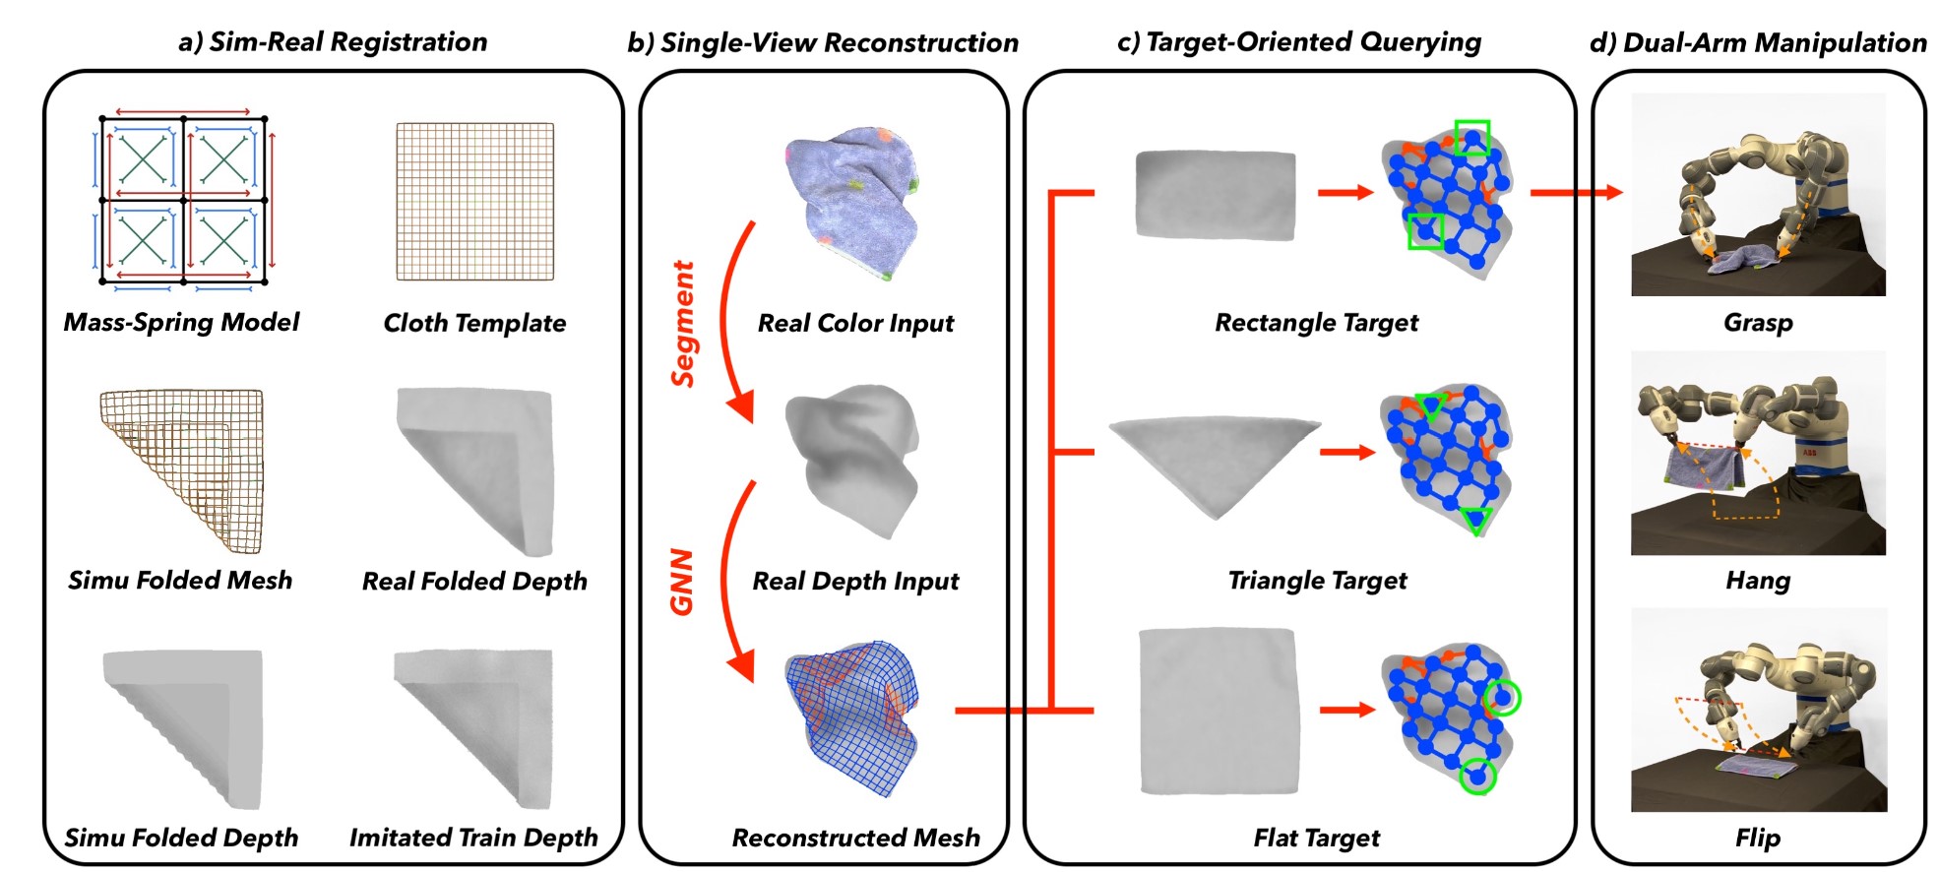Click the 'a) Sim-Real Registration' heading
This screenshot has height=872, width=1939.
(x=333, y=42)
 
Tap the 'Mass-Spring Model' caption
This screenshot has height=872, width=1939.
(x=181, y=323)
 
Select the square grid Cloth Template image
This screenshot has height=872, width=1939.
(x=474, y=202)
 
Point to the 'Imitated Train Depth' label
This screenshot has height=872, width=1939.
(x=473, y=838)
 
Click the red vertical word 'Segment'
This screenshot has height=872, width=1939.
(x=683, y=324)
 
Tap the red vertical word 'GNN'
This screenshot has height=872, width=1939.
(x=682, y=582)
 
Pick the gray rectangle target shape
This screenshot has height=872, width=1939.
(x=1216, y=195)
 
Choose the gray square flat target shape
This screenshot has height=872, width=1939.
(x=1219, y=712)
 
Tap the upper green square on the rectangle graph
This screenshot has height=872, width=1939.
(x=1472, y=139)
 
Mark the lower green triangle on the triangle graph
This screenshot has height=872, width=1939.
(x=1475, y=520)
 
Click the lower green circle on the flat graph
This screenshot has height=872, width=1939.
(x=1477, y=777)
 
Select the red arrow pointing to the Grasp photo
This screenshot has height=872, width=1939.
(x=1575, y=193)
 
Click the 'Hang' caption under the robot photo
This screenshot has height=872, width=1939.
(x=1758, y=581)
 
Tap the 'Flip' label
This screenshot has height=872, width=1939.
(x=1758, y=839)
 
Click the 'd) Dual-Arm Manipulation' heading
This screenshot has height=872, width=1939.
(x=1758, y=43)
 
